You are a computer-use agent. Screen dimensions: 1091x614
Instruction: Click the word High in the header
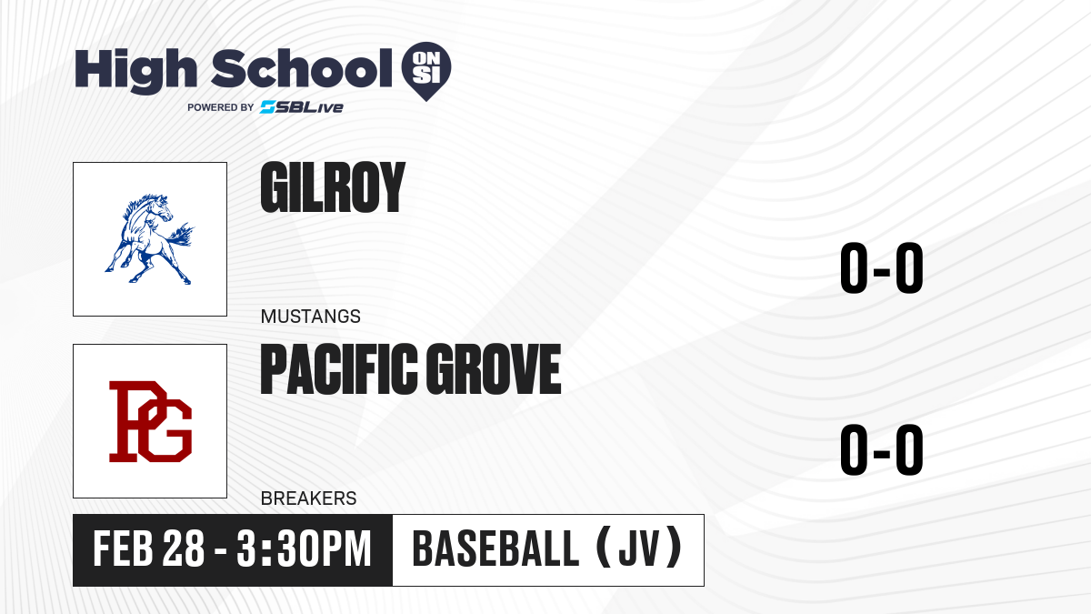(135, 71)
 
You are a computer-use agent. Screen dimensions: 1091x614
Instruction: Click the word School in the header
(302, 68)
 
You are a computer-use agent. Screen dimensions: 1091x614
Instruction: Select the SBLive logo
(302, 107)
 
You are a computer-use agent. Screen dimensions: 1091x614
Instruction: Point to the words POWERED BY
(221, 107)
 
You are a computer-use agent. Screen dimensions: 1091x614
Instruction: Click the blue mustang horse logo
(149, 239)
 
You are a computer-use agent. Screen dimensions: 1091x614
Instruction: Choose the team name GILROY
(333, 187)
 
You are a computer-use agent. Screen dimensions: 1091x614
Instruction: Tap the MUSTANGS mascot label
(311, 317)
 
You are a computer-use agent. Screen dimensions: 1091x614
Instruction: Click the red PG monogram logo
(151, 421)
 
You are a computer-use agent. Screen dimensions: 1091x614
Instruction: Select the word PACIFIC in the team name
(339, 369)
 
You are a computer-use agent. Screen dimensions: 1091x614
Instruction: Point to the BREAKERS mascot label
(309, 498)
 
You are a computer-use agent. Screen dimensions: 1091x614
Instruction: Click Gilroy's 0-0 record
(882, 267)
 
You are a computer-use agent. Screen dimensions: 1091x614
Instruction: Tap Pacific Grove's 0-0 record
(882, 449)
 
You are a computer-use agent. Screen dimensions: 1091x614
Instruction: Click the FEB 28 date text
(148, 549)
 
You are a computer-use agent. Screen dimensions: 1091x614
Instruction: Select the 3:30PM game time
(305, 549)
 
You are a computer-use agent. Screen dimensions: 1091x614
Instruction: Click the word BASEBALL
(495, 549)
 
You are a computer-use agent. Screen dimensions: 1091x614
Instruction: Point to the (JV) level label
(639, 548)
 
